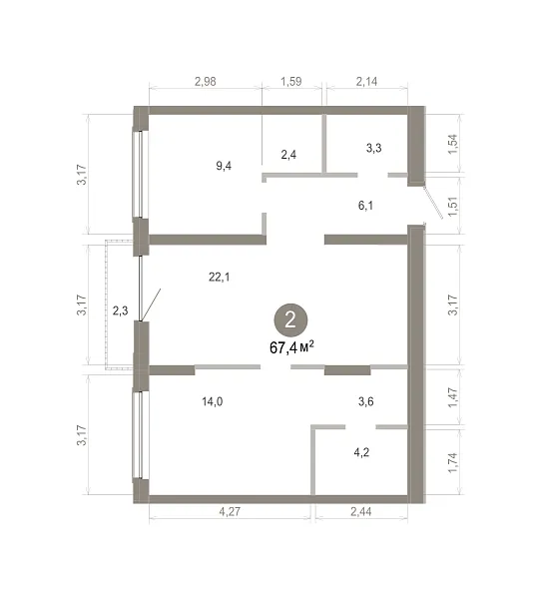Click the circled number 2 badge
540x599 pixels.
(x=290, y=320)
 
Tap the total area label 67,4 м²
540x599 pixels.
(x=292, y=347)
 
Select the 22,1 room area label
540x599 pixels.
(x=220, y=277)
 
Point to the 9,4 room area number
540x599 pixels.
(x=224, y=166)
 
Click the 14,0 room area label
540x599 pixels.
(x=213, y=401)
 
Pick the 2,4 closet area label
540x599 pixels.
(x=288, y=155)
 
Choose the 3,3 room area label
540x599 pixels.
(x=373, y=148)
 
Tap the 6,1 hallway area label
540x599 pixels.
(x=365, y=206)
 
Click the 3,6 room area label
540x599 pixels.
(x=366, y=401)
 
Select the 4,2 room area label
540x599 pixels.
(x=361, y=452)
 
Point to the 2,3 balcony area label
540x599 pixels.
(x=120, y=310)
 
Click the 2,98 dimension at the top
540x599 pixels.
(x=206, y=82)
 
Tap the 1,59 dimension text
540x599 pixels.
(x=291, y=82)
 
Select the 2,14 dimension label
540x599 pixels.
(x=366, y=82)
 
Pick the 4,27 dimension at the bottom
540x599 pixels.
(x=230, y=511)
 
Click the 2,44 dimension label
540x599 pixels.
(x=361, y=511)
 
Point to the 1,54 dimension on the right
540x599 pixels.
(x=452, y=144)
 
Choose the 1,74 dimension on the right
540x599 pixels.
(x=452, y=462)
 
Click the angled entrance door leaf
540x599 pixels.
(x=433, y=203)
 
